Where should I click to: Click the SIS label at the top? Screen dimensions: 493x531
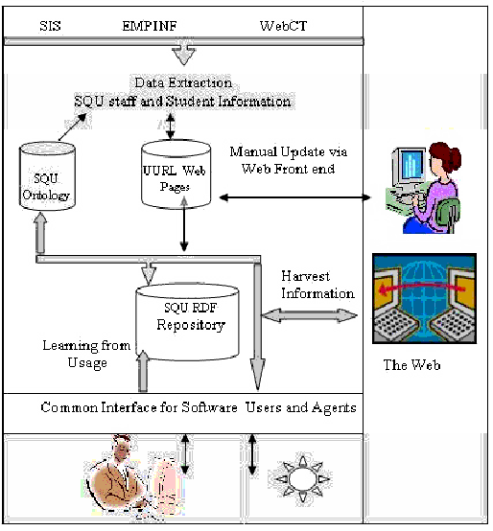[50, 26]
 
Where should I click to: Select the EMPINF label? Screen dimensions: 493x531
[150, 26]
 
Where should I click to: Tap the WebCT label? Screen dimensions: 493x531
[283, 26]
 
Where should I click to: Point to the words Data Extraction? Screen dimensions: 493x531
[183, 82]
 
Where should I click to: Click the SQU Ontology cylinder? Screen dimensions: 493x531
[47, 176]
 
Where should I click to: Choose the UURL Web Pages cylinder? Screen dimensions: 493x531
[176, 173]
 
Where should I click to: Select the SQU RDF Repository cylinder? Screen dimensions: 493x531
[187, 322]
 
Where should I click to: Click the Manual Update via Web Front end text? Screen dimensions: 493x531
[289, 160]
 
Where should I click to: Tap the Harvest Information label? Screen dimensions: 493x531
[317, 285]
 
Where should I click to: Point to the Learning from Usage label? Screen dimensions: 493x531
[86, 354]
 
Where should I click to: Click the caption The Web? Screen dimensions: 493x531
[411, 365]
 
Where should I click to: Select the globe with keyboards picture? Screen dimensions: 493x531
[424, 299]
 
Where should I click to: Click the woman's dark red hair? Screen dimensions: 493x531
[446, 156]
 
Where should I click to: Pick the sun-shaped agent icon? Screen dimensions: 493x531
[302, 479]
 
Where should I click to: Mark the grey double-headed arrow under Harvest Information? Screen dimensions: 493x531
[309, 315]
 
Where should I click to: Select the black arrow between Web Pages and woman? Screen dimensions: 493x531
[294, 197]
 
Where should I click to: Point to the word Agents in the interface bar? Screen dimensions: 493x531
[334, 407]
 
